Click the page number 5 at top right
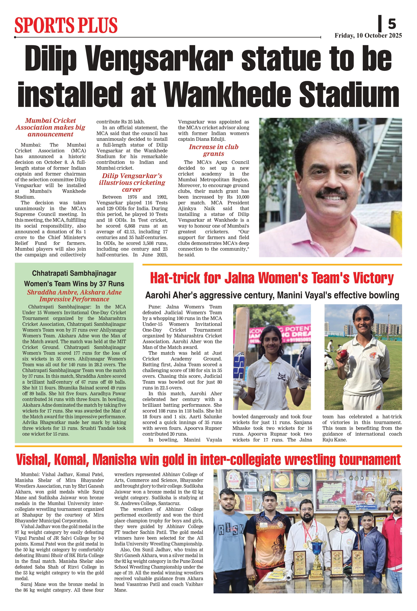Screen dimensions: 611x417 [392, 24]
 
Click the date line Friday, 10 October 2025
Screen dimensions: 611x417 [368, 36]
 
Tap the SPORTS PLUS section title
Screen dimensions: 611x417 [66, 25]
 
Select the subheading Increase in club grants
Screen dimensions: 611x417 [213, 150]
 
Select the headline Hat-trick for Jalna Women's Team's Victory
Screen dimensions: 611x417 [272, 278]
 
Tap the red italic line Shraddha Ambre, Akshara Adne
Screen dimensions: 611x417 [74, 292]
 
